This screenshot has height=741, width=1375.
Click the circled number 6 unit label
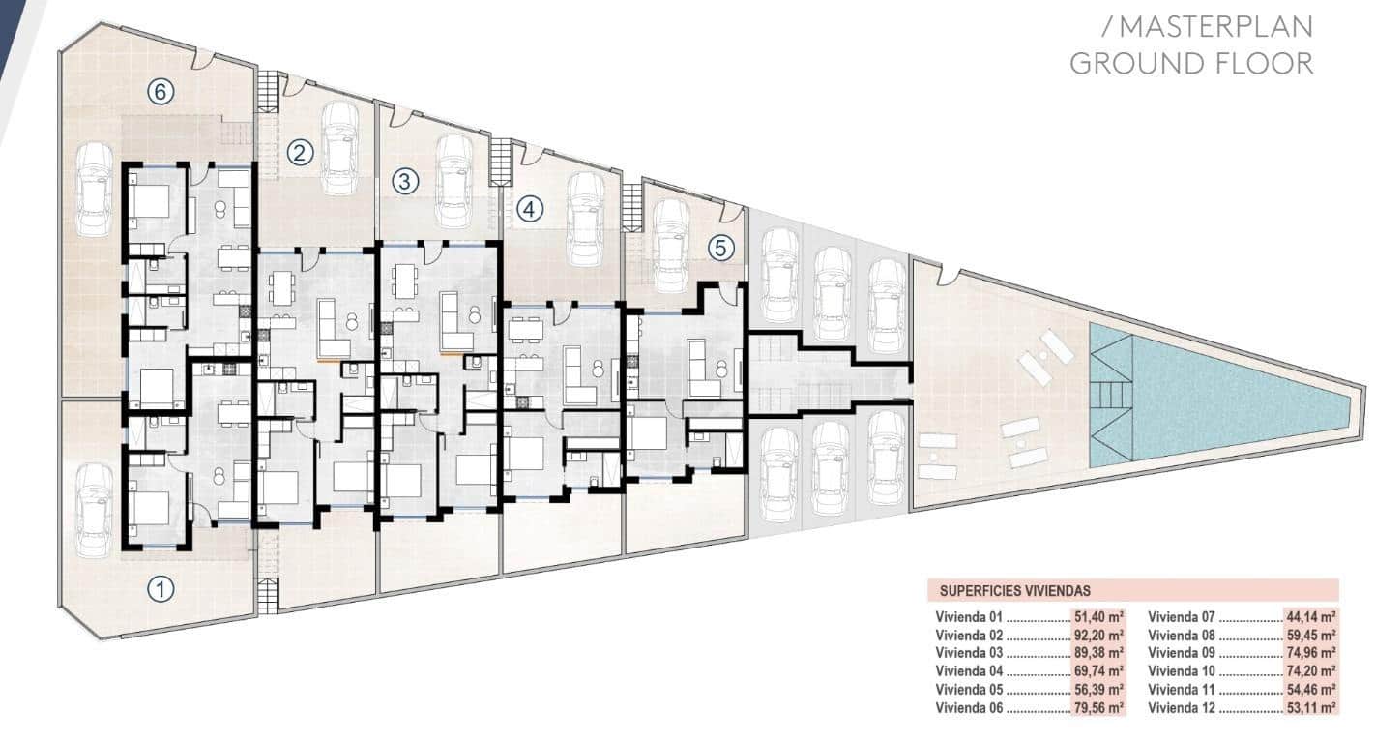coord(161,92)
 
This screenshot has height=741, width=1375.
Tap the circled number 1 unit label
coord(161,589)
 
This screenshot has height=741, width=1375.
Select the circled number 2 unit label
coord(300,152)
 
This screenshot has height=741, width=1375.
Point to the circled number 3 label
coord(405,181)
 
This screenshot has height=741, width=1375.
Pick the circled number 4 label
coord(530,209)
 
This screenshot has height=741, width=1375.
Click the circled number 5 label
coord(720,248)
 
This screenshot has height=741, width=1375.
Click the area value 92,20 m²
coord(1098,635)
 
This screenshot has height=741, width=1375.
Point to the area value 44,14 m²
coord(1311,616)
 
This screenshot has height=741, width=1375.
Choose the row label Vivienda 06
coord(969,708)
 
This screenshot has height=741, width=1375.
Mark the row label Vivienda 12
coord(1181,708)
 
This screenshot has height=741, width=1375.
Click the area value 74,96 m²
coord(1311,653)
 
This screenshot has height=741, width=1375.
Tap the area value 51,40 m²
coord(1098,616)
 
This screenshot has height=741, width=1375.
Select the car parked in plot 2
coord(339,148)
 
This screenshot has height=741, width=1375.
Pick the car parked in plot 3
coord(454,182)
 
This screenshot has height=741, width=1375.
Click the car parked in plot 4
coord(585,220)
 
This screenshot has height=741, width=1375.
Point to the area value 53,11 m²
coord(1311,708)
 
